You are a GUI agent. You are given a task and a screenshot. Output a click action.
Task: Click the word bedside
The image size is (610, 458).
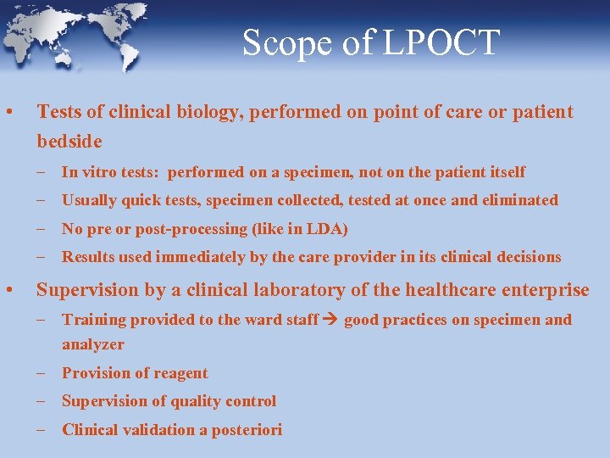click(x=69, y=141)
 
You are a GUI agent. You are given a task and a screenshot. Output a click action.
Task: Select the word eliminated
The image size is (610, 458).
click(x=519, y=200)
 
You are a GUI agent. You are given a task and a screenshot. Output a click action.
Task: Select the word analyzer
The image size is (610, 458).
click(x=93, y=344)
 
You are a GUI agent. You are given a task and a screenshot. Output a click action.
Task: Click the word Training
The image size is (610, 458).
click(x=93, y=320)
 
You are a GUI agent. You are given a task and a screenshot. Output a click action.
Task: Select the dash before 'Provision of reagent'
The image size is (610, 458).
click(x=42, y=373)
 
